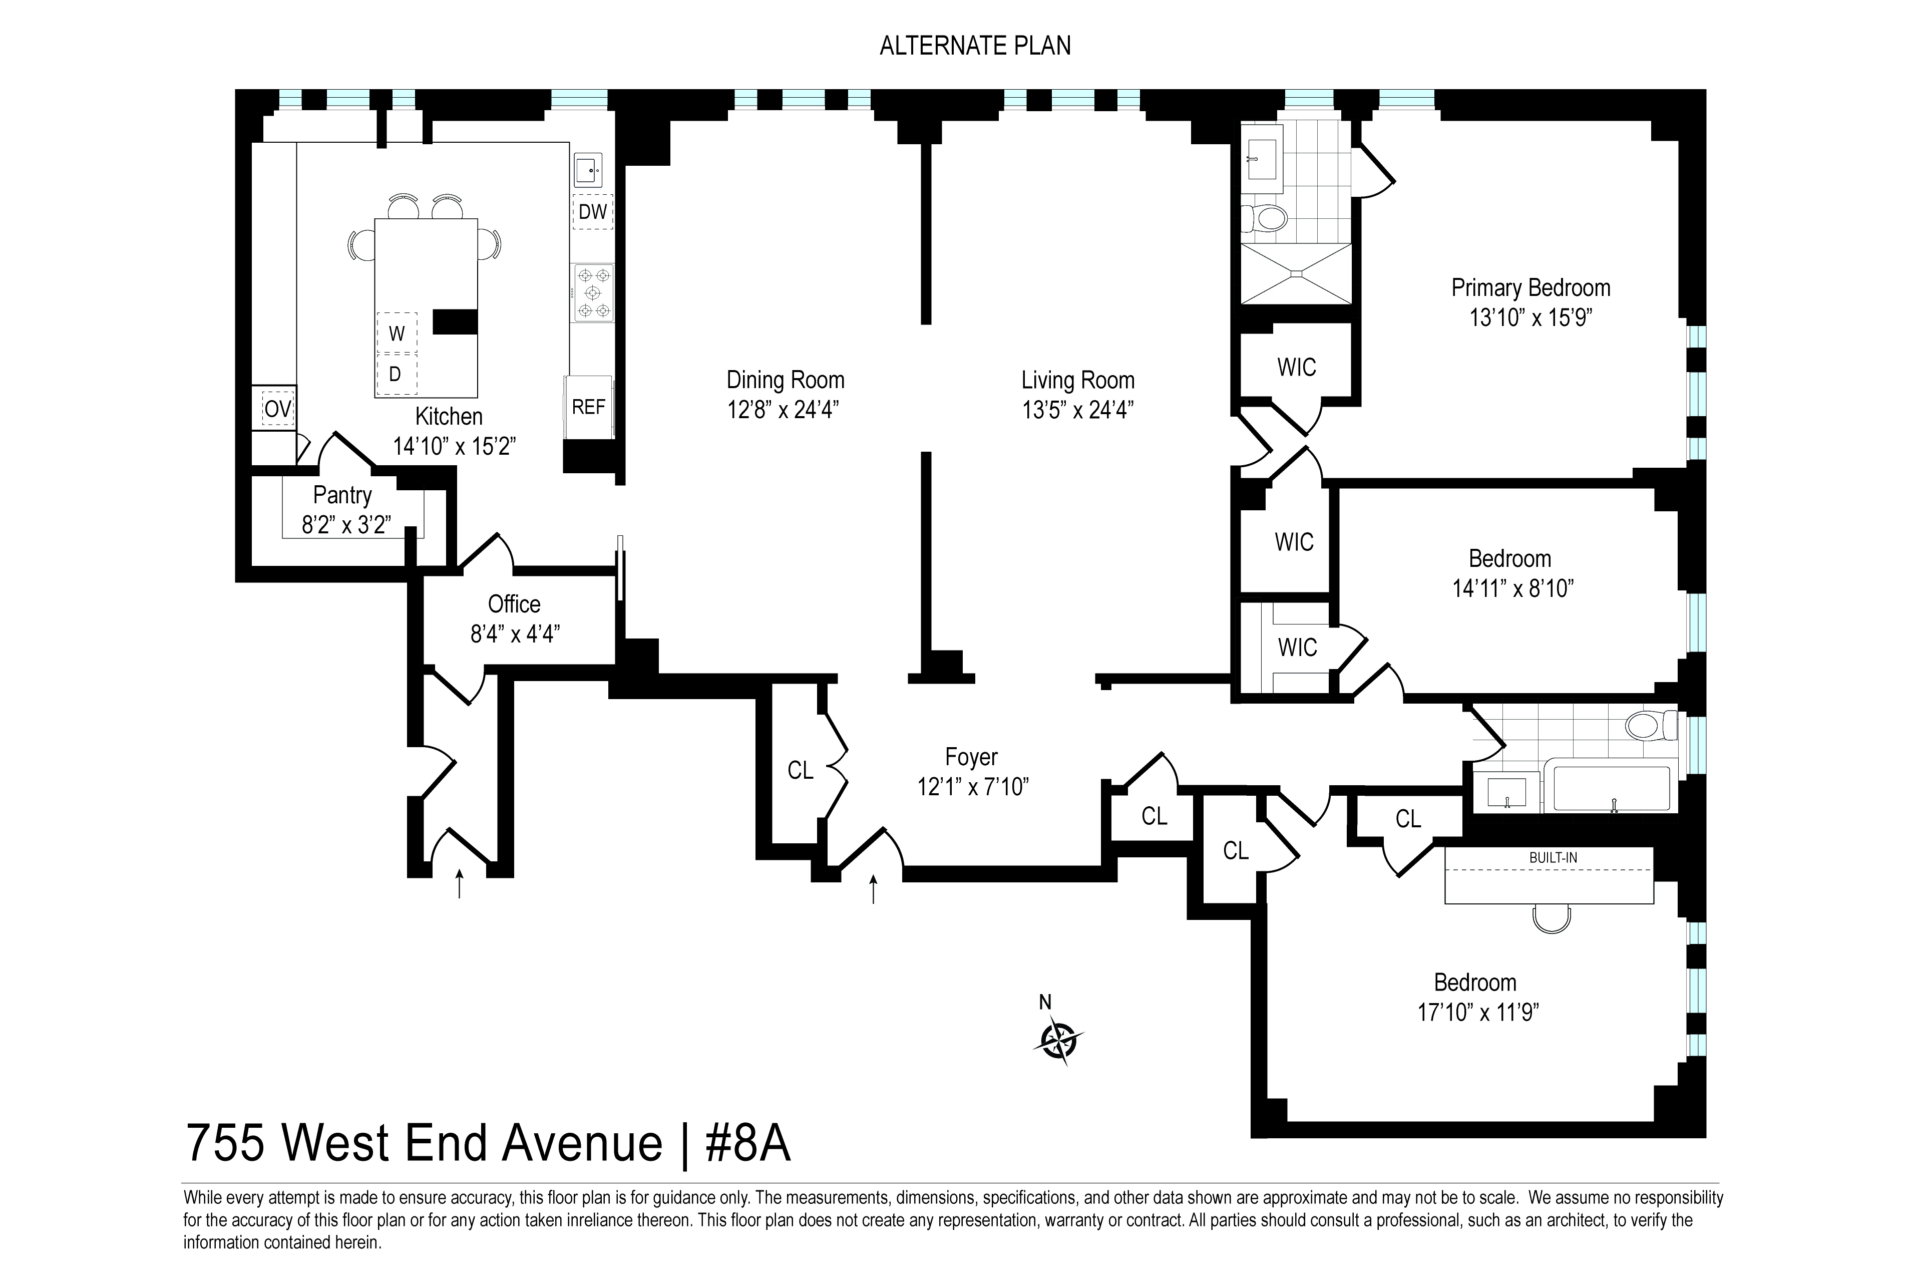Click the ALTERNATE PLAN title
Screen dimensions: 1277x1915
point(975,46)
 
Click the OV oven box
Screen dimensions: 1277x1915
point(278,409)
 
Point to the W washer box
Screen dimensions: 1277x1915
point(397,333)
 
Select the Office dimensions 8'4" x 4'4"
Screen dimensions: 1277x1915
point(515,633)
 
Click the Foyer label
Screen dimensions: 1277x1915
point(971,757)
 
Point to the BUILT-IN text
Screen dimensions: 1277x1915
point(1553,857)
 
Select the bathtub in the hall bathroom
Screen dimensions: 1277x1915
point(1611,788)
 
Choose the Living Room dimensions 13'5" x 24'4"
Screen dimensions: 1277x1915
point(1078,410)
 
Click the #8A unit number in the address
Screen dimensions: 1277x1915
point(747,1143)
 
